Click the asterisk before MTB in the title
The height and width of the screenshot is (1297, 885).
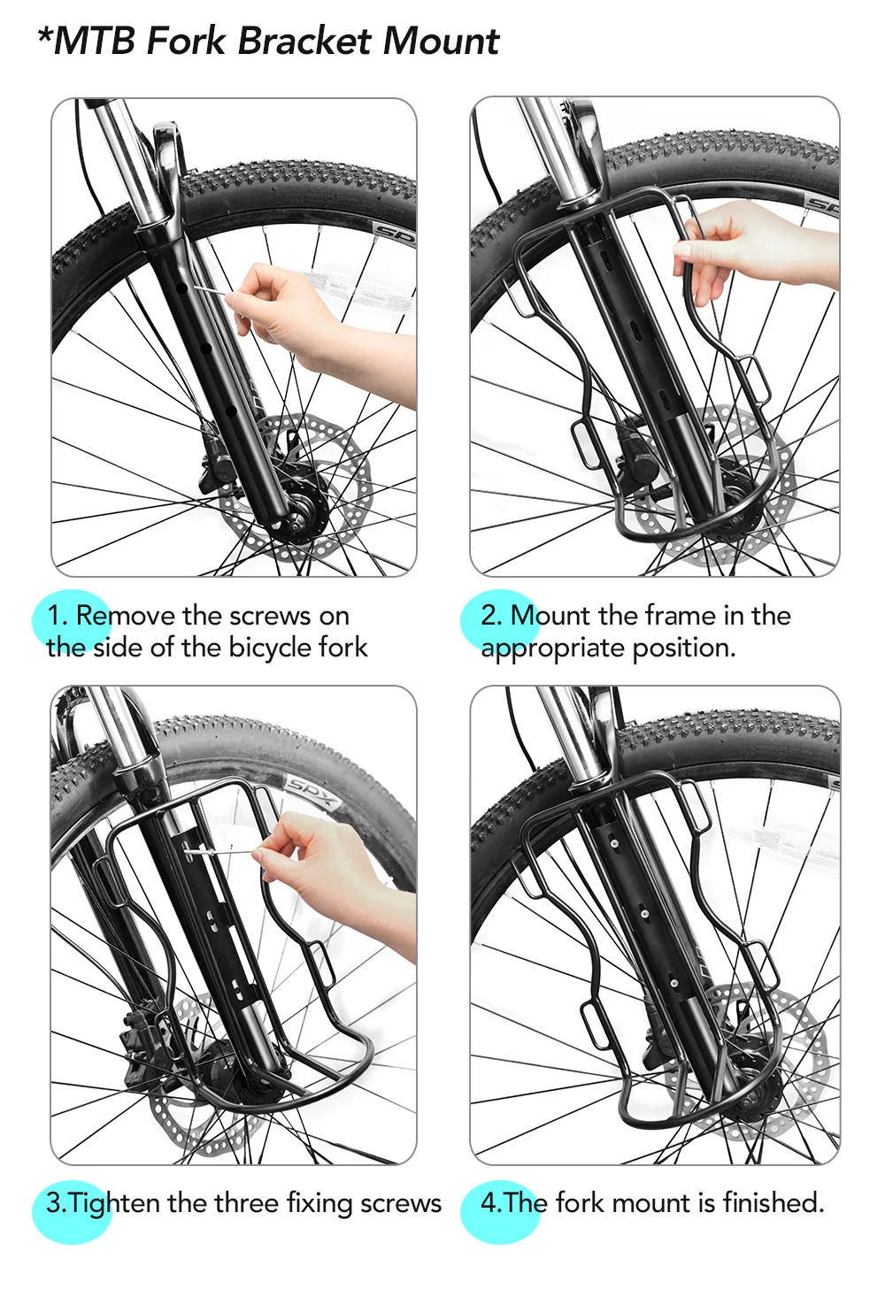(x=44, y=34)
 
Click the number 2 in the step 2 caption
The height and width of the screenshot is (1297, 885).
(x=489, y=616)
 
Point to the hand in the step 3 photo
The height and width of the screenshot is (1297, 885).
(x=330, y=880)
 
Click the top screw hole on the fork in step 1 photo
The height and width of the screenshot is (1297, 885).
(x=181, y=288)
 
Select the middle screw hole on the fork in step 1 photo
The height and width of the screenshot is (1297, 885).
(x=205, y=349)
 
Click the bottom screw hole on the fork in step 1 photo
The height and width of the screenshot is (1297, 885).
(x=230, y=411)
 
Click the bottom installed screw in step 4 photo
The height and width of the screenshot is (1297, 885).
(x=673, y=983)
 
